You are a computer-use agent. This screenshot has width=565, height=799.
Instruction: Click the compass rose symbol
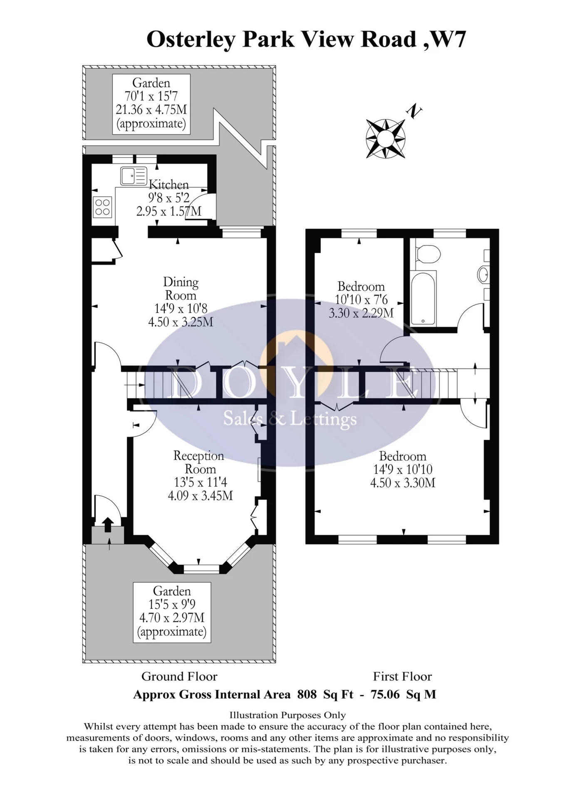click(x=385, y=139)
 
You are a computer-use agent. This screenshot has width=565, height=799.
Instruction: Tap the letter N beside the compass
click(x=414, y=111)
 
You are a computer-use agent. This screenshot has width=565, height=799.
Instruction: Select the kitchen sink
click(x=134, y=176)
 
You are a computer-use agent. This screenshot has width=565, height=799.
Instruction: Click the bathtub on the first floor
click(x=423, y=298)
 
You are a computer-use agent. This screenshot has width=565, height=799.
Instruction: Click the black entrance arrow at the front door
click(x=108, y=524)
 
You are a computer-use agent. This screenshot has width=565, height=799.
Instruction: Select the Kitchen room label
click(x=169, y=184)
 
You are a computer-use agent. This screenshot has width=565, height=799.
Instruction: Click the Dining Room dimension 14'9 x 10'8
click(x=181, y=309)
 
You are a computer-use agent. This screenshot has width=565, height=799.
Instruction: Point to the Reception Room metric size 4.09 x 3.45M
click(x=200, y=496)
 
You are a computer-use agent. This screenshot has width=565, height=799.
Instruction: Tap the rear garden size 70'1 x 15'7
click(x=151, y=96)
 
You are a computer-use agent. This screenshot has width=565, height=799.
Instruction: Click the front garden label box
click(x=172, y=612)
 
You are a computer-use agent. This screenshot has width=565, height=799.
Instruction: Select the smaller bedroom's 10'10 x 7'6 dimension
click(x=361, y=300)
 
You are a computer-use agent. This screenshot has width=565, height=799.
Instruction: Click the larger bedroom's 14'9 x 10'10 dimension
click(x=403, y=469)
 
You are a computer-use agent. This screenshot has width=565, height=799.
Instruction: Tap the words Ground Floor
click(x=179, y=676)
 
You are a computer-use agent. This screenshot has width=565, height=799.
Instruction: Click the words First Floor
click(x=402, y=676)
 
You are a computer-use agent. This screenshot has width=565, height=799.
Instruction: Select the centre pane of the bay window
click(x=201, y=568)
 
